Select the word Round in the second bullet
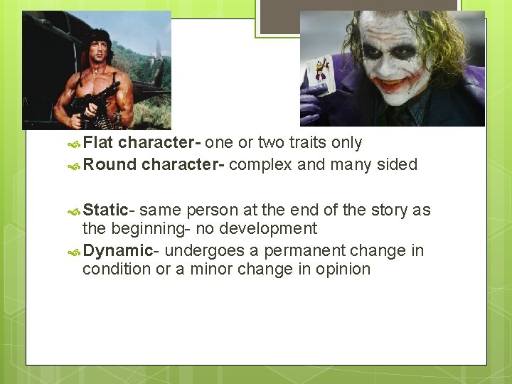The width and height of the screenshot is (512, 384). pos(110,165)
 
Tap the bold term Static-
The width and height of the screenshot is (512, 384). pos(108,210)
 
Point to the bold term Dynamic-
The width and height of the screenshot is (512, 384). pos(118,250)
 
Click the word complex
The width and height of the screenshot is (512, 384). pos(260,165)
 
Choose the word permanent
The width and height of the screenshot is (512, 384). pos(309,250)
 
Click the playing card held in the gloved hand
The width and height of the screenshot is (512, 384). pos(318,76)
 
